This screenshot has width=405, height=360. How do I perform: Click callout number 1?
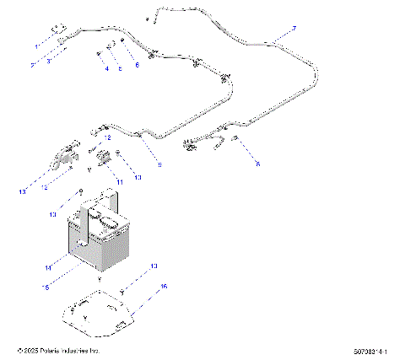pos(35,44)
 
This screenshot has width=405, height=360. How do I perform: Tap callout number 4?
pos(107,68)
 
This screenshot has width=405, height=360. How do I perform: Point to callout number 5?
pos(119,68)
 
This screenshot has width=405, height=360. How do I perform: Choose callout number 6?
pos(137,65)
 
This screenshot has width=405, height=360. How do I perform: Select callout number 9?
pos(159,166)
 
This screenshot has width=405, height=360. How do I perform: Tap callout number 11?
pos(120,181)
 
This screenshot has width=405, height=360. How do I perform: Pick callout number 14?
pos(50,267)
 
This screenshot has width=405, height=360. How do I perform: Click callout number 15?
pos(47,287)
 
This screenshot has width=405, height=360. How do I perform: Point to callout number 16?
pos(164,287)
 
